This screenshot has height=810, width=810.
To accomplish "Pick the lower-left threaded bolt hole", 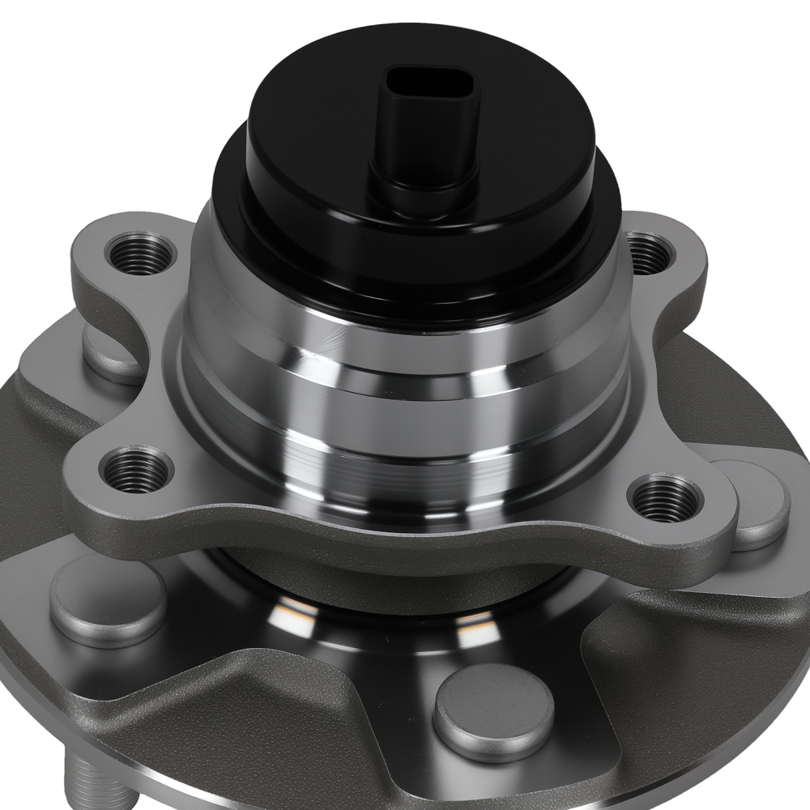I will pos(136,469).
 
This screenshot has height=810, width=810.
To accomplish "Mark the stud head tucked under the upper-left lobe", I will pos(109,356).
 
